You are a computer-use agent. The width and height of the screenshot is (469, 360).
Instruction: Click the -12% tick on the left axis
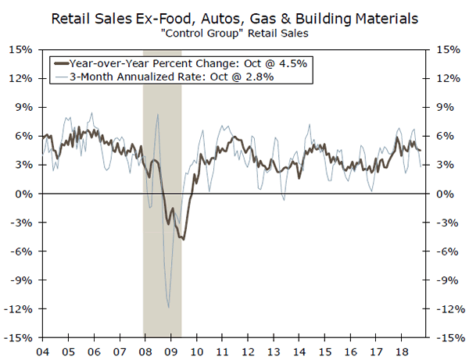coord(20,308)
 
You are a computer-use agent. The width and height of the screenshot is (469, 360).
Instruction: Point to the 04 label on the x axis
coord(43,351)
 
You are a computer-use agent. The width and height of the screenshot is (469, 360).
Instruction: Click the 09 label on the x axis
coord(170,351)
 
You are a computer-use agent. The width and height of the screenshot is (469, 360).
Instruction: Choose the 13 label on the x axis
coord(272,351)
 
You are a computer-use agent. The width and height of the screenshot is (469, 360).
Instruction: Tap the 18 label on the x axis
coord(399,351)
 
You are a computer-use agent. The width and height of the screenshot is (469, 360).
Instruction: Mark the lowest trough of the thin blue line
coord(168,307)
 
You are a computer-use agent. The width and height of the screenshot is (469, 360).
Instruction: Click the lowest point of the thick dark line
coord(184,239)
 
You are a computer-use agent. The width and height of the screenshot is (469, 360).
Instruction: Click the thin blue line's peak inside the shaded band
coord(158,115)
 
